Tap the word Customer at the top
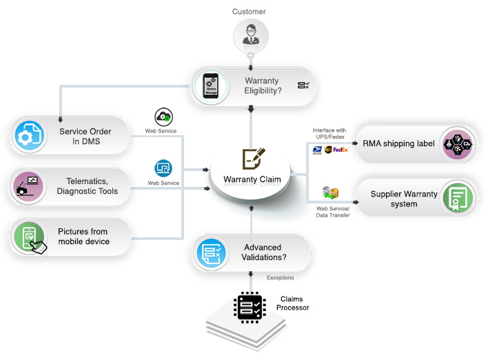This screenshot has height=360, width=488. coord(249,12)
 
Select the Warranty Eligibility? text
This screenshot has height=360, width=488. coord(262,86)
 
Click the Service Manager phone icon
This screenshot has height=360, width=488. coord(210,86)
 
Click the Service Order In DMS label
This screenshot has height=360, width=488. coord(85,136)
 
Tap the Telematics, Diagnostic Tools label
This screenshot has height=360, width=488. coord(87,186)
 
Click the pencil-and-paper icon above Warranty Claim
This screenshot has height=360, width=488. coord(253,159)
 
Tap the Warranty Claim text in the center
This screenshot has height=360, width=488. coord(252,180)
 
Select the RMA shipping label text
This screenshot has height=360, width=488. coord(398,143)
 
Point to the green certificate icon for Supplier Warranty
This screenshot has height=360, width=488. coord(457,198)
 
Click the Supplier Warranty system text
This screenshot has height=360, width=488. coord(403,199)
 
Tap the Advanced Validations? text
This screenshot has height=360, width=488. coord(265,252)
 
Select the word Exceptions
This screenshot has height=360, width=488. coord(280,278)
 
